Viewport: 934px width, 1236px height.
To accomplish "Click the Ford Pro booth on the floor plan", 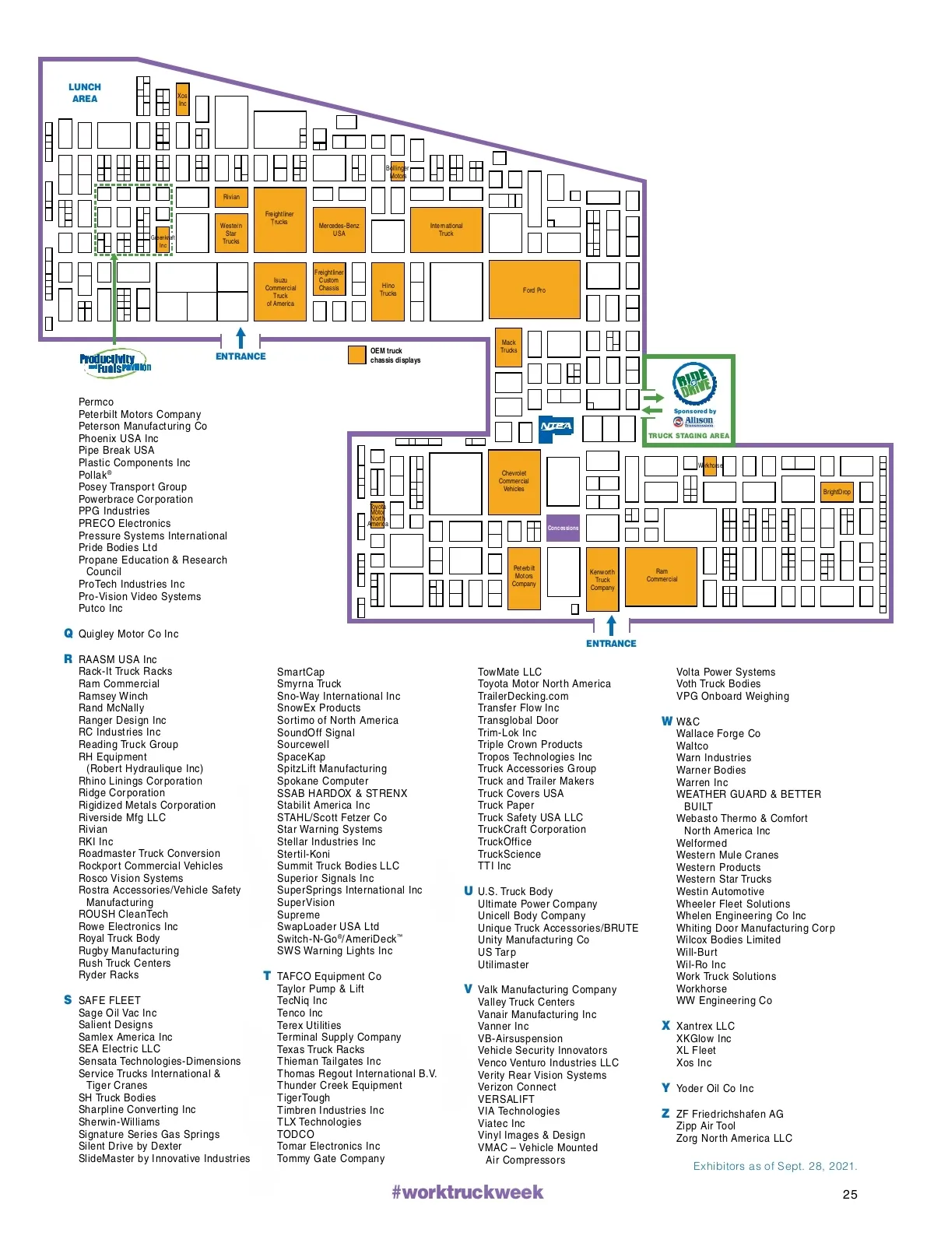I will click(x=534, y=290).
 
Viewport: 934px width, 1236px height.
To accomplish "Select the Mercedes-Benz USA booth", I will click(x=339, y=230).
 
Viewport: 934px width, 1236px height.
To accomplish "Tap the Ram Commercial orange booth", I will click(x=661, y=576).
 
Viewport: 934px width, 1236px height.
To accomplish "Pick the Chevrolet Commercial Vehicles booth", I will click(x=514, y=481).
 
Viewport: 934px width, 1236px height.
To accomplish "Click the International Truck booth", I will click(x=446, y=230).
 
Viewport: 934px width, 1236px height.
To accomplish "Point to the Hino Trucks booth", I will click(x=388, y=290).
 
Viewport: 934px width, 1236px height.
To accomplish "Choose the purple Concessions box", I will click(x=563, y=528).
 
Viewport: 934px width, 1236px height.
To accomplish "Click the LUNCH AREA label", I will click(x=85, y=93).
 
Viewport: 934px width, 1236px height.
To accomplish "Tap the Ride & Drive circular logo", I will click(x=694, y=384).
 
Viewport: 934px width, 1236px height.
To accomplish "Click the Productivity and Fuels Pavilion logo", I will click(x=114, y=363).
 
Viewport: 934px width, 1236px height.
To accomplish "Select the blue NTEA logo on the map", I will click(x=556, y=426).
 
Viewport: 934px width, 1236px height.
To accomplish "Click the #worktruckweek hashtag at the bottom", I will click(x=467, y=1192).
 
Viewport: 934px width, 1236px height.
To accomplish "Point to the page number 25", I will click(x=850, y=1194).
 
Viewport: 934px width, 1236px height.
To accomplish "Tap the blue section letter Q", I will click(x=68, y=634).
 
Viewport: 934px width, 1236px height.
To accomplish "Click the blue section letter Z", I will click(x=665, y=1113).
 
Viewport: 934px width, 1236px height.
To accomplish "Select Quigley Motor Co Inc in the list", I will click(x=128, y=634).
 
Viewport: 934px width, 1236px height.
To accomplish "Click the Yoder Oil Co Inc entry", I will click(x=715, y=1088).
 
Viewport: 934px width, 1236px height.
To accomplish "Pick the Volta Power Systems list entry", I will click(x=725, y=672).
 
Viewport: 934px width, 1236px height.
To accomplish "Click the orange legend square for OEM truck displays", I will click(x=356, y=355).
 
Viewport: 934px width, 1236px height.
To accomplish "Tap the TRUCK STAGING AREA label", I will click(x=689, y=436).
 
